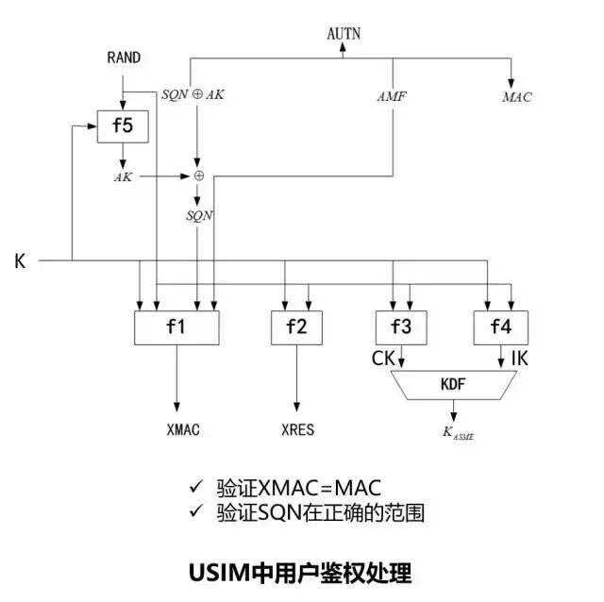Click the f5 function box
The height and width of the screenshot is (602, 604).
122,125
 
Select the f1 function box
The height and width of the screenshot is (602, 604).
176,327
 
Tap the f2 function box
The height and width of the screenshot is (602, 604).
296,327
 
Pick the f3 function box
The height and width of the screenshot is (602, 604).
401,327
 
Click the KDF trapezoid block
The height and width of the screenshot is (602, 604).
453,385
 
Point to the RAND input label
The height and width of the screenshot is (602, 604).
124,59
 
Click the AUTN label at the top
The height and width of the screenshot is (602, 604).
344,34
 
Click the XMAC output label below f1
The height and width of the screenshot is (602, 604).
182,429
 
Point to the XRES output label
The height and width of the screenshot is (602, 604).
297,429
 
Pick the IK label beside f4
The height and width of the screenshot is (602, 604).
519,358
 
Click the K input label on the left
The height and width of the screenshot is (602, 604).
20,260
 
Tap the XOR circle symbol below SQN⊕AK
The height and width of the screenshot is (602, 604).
198,176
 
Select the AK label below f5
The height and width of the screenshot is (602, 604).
123,176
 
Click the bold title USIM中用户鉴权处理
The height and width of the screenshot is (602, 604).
301,572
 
